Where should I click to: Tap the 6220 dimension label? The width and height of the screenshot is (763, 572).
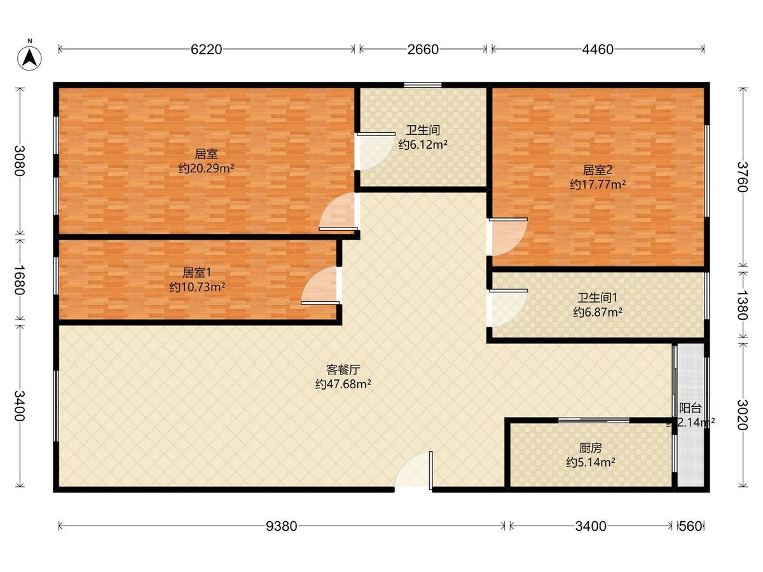click(206, 50)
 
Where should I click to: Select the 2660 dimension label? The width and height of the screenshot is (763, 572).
click(423, 50)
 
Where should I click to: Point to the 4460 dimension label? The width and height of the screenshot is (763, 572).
click(598, 50)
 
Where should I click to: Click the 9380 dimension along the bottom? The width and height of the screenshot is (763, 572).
click(281, 526)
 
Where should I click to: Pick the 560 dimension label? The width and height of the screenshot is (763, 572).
click(691, 526)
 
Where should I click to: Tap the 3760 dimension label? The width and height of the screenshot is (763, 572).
click(742, 177)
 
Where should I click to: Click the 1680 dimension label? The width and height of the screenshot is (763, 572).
click(20, 280)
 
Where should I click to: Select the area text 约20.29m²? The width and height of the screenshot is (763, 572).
click(206, 168)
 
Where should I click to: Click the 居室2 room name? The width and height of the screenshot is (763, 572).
click(597, 170)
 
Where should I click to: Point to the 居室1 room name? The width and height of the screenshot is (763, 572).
click(196, 273)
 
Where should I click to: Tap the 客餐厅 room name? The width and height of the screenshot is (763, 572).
click(343, 370)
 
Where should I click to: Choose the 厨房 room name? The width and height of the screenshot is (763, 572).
click(590, 448)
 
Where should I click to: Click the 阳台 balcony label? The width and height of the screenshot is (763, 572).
click(691, 408)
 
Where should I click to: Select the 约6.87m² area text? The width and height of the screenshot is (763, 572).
click(598, 312)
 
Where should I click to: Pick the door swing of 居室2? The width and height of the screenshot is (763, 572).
click(508, 237)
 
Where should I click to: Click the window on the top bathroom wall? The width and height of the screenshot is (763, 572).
click(423, 85)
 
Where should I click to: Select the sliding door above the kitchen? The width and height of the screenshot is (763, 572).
click(594, 420)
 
